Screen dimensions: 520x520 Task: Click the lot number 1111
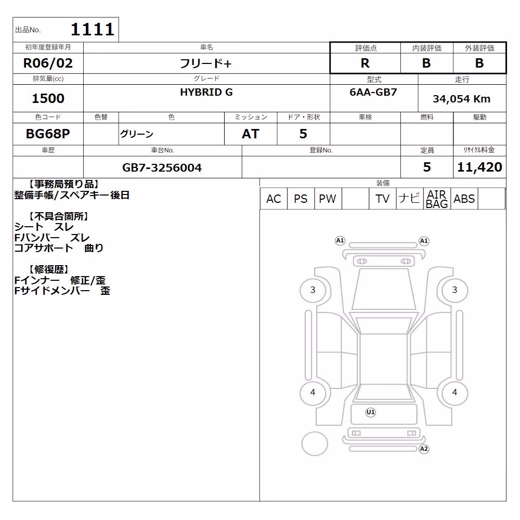(x=93, y=30)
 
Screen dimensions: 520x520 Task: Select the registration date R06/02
(x=48, y=63)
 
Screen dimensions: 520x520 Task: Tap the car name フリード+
(x=205, y=63)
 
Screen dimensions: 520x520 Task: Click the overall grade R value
(x=365, y=63)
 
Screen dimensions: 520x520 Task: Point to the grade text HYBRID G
(x=206, y=92)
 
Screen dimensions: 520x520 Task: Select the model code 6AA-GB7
(x=373, y=92)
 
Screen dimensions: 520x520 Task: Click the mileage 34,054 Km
(x=461, y=99)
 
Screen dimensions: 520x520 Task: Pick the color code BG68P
(x=48, y=134)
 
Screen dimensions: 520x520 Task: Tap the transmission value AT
(x=251, y=134)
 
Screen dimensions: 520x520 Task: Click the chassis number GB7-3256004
(x=162, y=167)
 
